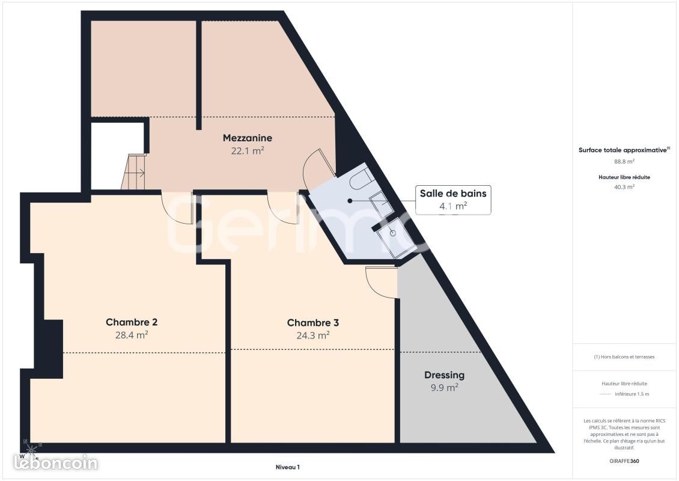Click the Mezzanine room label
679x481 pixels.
click(x=247, y=138)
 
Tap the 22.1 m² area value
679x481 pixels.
click(x=247, y=151)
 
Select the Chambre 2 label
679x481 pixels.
click(x=132, y=322)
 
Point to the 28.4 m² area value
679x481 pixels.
click(x=132, y=335)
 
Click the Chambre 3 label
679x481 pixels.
click(x=312, y=323)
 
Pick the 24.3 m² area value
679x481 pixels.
click(x=312, y=335)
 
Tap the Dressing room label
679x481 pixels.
click(x=444, y=375)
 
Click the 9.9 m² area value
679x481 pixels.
click(x=444, y=387)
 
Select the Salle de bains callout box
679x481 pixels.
click(x=453, y=200)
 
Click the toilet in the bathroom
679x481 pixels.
click(x=361, y=180)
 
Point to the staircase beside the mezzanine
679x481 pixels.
click(x=133, y=171)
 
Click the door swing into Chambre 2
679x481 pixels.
click(x=177, y=208)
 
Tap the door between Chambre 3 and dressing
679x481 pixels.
click(x=381, y=282)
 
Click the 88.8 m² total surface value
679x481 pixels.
click(x=624, y=162)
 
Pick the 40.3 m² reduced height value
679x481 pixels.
click(x=624, y=187)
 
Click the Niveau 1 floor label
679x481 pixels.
click(x=288, y=467)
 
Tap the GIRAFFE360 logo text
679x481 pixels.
click(x=624, y=461)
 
